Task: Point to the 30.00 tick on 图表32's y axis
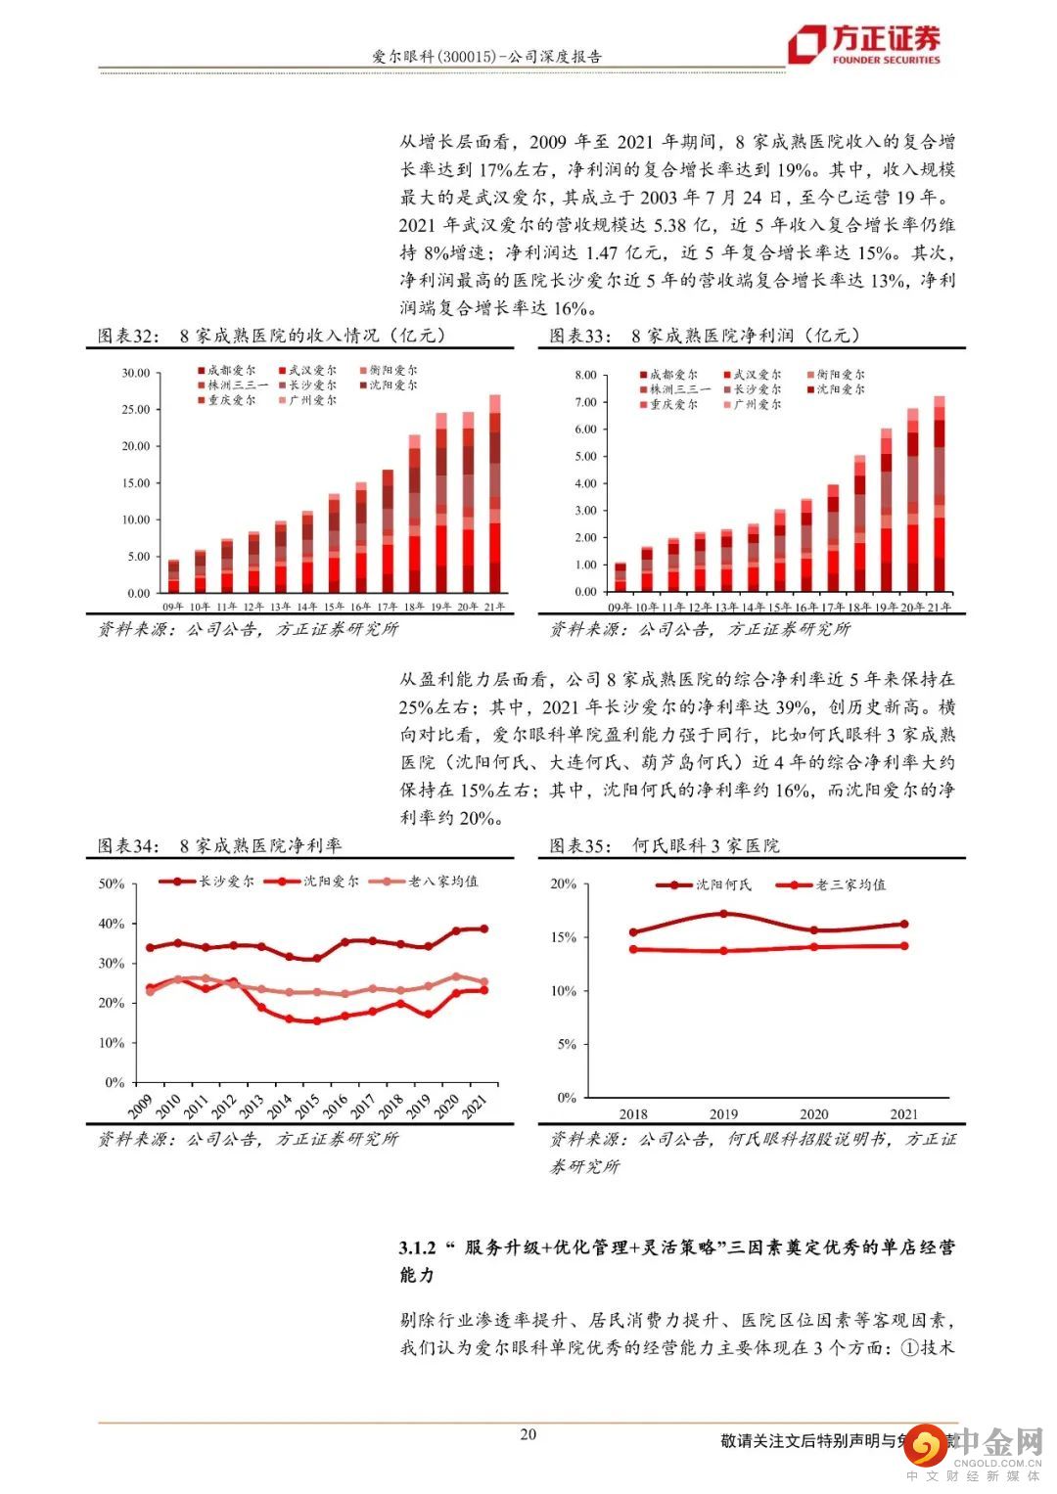click(136, 373)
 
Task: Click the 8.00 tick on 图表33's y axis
click(585, 375)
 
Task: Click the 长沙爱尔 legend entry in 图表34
click(212, 881)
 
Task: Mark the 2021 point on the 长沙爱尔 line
click(483, 928)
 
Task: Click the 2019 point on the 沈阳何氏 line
click(723, 914)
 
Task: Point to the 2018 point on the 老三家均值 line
click(633, 949)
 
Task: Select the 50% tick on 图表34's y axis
click(112, 883)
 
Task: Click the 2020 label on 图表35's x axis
click(813, 1113)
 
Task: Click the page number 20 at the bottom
click(528, 1434)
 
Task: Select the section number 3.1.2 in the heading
click(416, 1247)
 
